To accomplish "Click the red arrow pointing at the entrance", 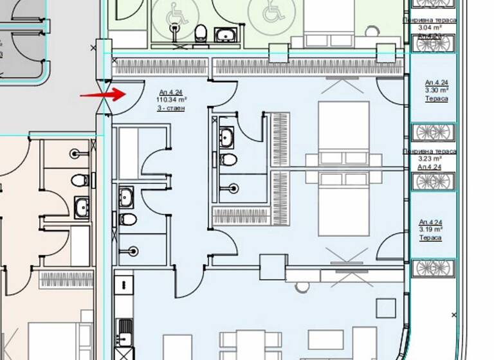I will tap(103, 94).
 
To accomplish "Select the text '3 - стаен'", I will tap(171, 108).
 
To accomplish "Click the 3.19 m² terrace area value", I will tap(430, 230).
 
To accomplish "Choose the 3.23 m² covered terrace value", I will tap(430, 159).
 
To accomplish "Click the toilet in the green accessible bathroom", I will tap(200, 32).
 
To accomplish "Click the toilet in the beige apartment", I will tap(80, 179).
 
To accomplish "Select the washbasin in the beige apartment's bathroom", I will tap(81, 206).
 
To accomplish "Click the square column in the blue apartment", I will tap(272, 267).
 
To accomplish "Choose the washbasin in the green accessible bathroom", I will tap(226, 33).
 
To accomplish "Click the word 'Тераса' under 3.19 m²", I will tap(430, 238).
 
